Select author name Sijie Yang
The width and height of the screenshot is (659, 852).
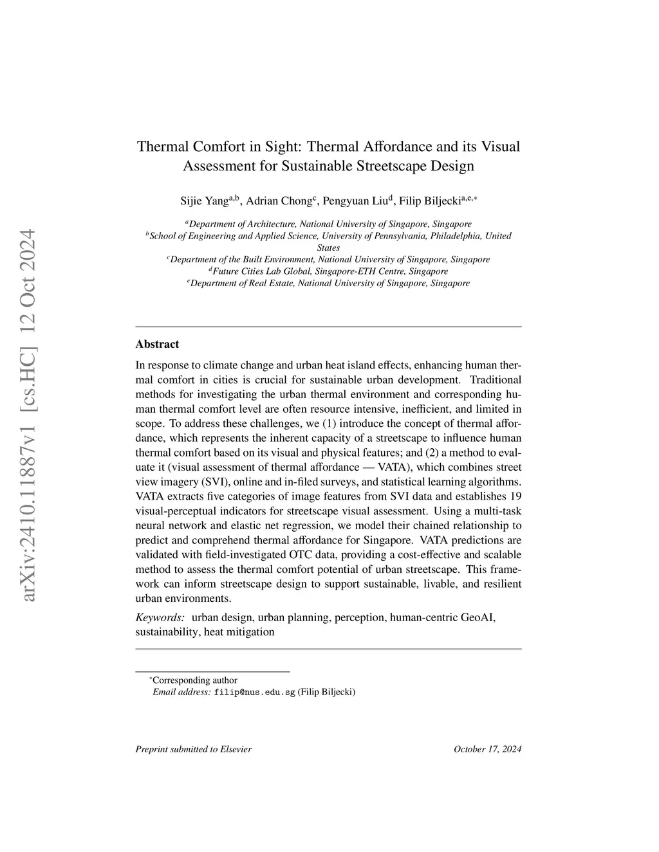pyautogui.click(x=204, y=201)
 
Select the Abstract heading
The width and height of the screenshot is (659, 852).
pyautogui.click(x=157, y=344)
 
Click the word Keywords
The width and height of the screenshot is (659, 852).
pyautogui.click(x=160, y=617)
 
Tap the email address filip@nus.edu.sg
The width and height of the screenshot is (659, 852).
pyautogui.click(x=254, y=693)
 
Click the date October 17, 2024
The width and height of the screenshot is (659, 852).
pyautogui.click(x=487, y=749)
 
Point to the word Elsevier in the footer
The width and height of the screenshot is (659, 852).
pyautogui.click(x=236, y=749)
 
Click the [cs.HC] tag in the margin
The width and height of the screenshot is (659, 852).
pyautogui.click(x=28, y=361)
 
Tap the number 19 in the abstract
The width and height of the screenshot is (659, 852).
pyautogui.click(x=515, y=496)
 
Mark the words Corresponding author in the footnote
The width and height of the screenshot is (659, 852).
pyautogui.click(x=195, y=680)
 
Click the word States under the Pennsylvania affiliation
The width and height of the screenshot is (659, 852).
pyautogui.click(x=328, y=248)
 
